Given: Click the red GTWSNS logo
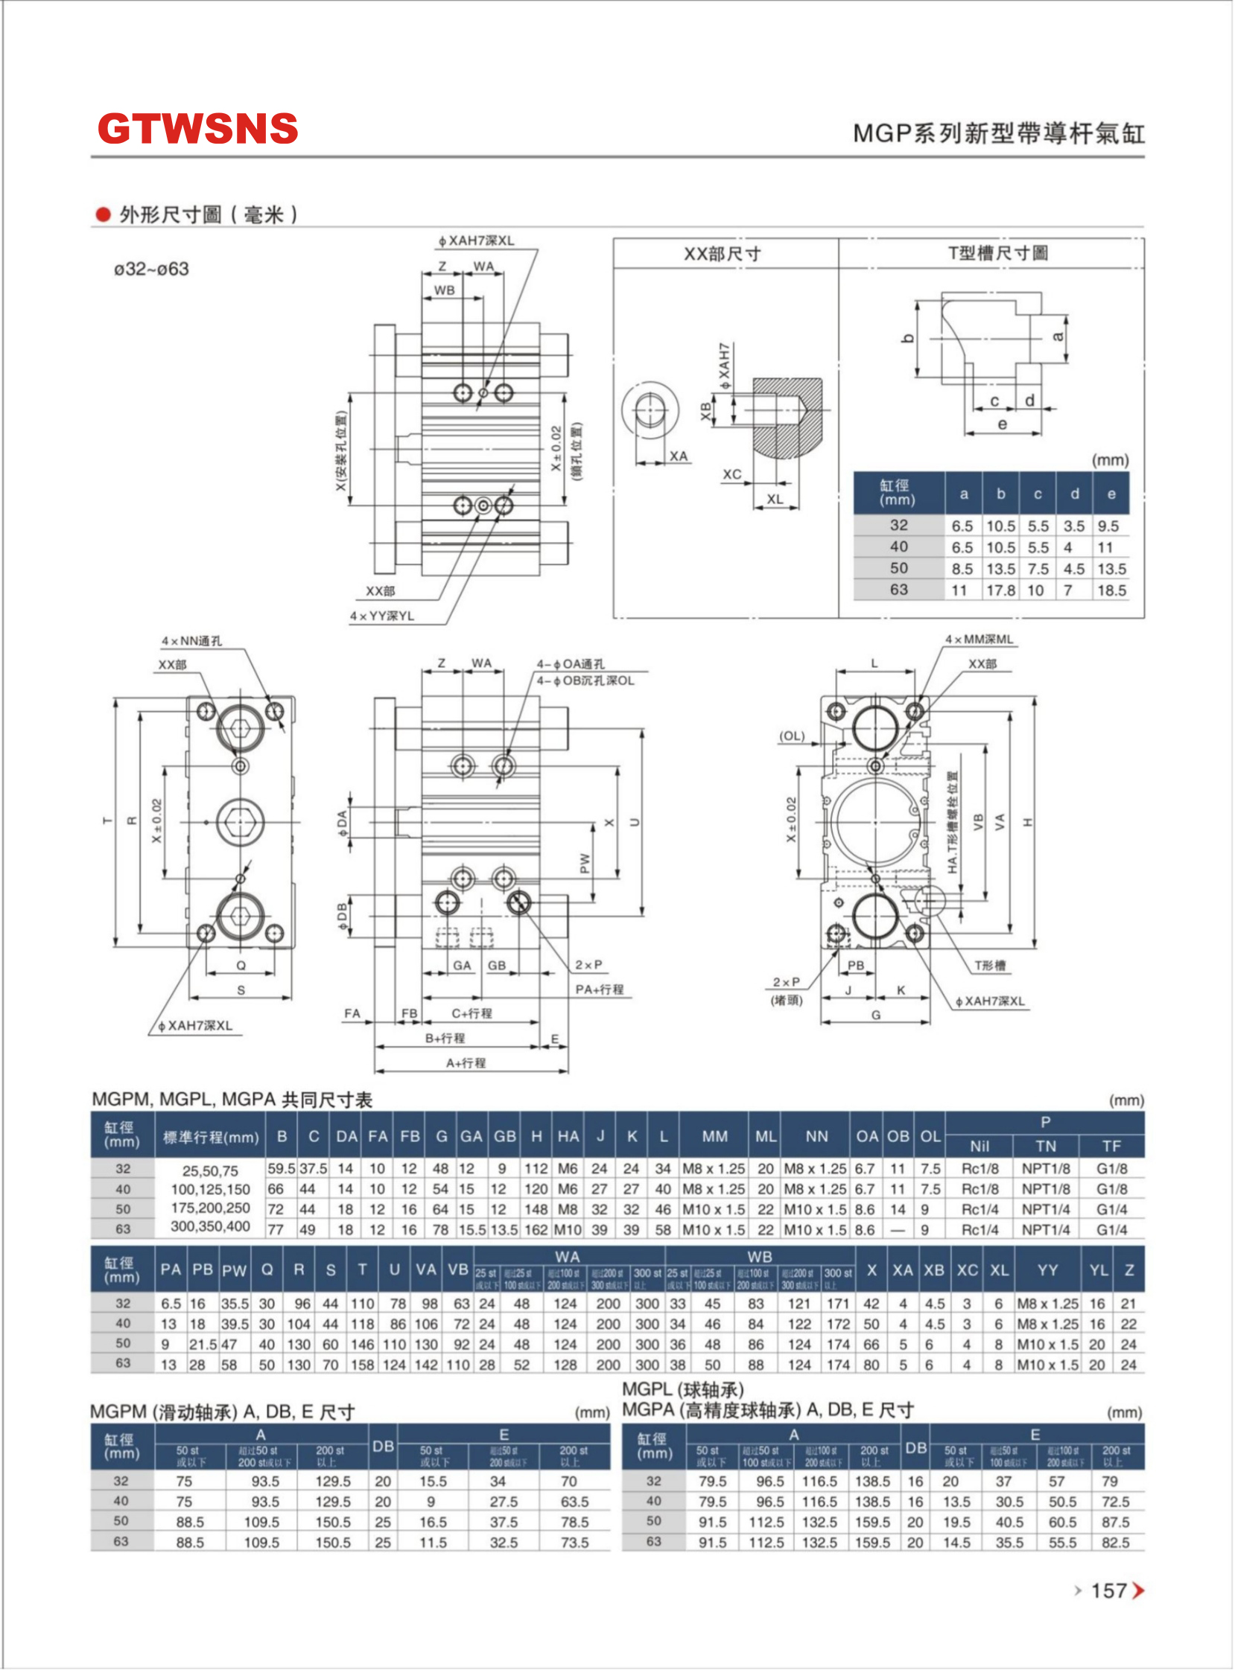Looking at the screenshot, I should point(197,129).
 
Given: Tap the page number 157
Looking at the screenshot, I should point(1108,1590).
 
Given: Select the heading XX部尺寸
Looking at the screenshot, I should point(723,254).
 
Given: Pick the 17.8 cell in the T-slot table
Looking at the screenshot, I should point(1000,590).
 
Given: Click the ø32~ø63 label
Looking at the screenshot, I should point(152,269).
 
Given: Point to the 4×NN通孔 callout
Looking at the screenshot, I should point(191,641).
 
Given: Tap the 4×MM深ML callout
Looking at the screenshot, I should point(980,640).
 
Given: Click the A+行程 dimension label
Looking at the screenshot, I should point(466,1062).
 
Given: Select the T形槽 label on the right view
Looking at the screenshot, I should point(989,966).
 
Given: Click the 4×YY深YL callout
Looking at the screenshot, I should point(382,616).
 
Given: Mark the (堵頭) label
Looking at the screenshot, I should point(787,1001).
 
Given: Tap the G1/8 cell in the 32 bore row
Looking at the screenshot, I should point(1111,1169).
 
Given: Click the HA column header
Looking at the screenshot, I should point(568,1136).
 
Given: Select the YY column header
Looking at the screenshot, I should point(1047,1270).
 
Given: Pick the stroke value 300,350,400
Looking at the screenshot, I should point(210,1226).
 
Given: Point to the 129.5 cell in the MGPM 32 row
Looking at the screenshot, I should point(333,1481).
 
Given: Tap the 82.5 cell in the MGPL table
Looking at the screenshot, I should point(1115,1542).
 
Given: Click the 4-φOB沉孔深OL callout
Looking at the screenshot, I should point(585,681).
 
